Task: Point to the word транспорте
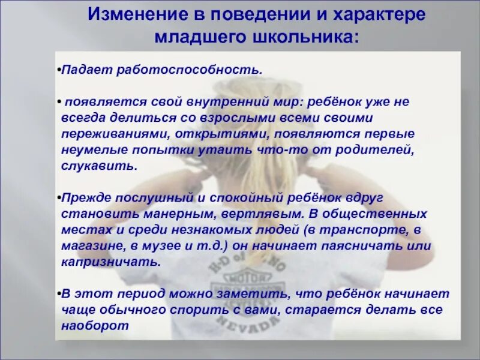tap(368, 230)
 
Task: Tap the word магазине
tap(94, 246)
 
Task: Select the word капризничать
tap(110, 262)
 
